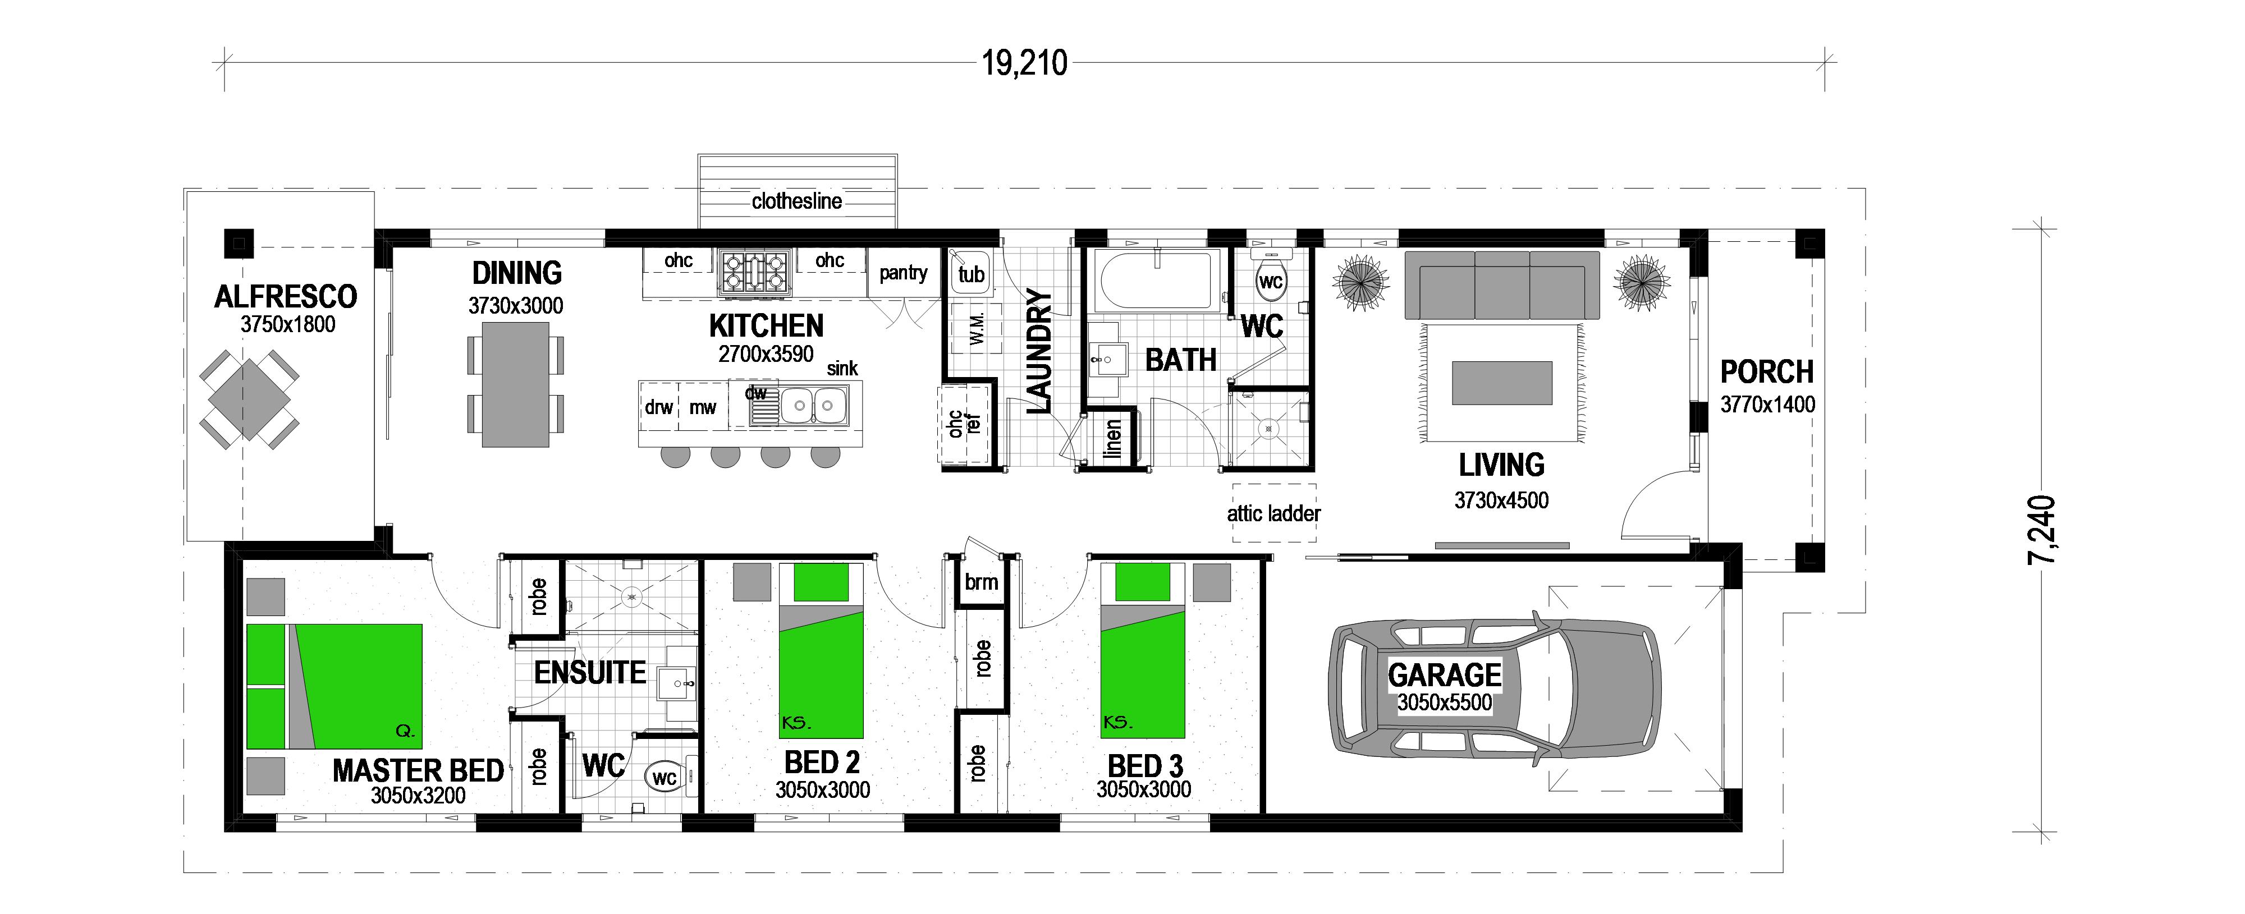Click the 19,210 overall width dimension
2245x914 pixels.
pyautogui.click(x=1025, y=63)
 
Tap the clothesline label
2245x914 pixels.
pyautogui.click(x=796, y=201)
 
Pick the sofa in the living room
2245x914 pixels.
pyautogui.click(x=1501, y=286)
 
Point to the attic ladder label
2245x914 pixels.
pyautogui.click(x=1273, y=514)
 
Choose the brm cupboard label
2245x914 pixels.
pyautogui.click(x=981, y=582)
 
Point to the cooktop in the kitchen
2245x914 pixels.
pyautogui.click(x=754, y=271)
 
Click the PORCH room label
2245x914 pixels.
pyautogui.click(x=1767, y=372)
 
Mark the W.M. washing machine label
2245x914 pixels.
pyautogui.click(x=976, y=326)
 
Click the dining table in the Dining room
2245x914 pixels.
pyautogui.click(x=516, y=384)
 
